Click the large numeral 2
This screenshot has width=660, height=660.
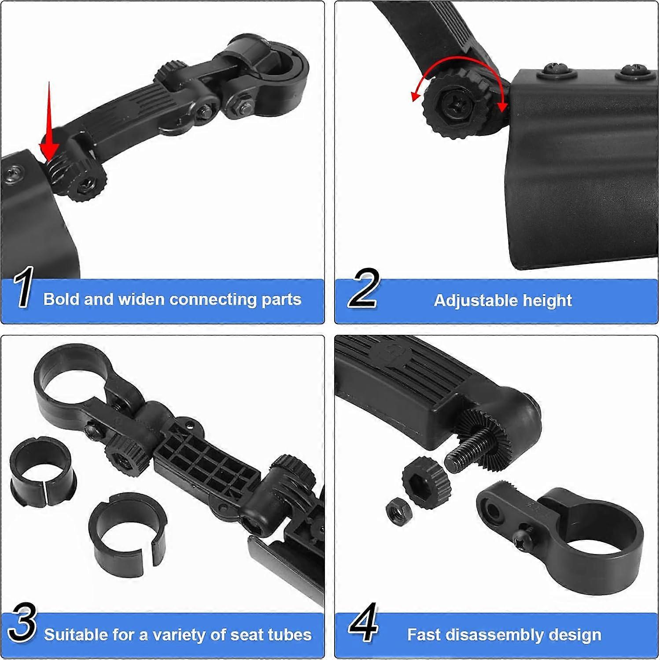[362, 289]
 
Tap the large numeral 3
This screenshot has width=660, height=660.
[22, 623]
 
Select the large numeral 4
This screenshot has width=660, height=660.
[364, 623]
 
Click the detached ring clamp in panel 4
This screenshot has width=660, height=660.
[572, 532]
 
